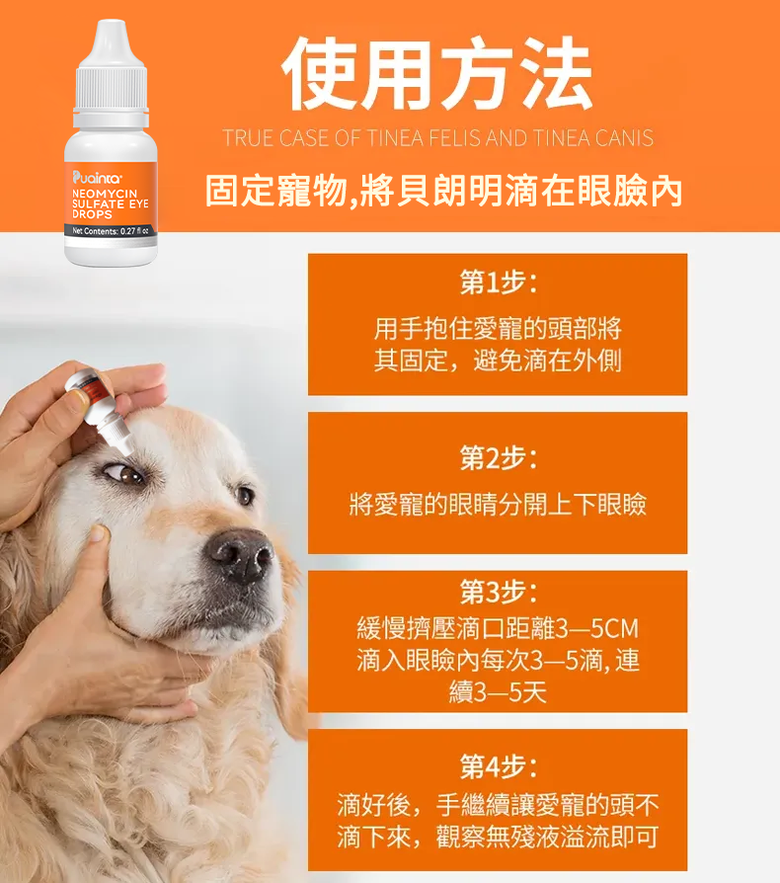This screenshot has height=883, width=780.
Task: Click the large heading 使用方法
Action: (436, 73)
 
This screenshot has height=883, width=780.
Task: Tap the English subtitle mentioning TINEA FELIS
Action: (437, 138)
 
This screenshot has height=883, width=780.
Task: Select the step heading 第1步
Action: (498, 282)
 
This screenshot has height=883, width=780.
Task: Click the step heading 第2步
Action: (498, 457)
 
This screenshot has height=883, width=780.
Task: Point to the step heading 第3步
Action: (498, 592)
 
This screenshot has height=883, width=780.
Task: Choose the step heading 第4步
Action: (498, 766)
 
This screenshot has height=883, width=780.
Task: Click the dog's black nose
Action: (241, 555)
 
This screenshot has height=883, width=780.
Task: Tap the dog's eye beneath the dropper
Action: (127, 474)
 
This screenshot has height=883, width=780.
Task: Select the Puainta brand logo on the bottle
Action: (97, 178)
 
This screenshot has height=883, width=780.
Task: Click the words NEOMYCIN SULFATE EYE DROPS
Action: (110, 203)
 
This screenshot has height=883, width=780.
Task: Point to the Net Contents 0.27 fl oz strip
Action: (111, 231)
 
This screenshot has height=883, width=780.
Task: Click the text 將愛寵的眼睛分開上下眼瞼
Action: (498, 504)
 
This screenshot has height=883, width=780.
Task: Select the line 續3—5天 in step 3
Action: (498, 692)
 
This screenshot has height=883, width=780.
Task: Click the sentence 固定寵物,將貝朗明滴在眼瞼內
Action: (443, 191)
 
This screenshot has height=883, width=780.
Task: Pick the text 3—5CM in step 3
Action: (597, 628)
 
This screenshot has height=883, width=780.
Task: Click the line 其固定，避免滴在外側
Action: (498, 361)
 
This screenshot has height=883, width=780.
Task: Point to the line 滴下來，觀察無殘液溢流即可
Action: (498, 837)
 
